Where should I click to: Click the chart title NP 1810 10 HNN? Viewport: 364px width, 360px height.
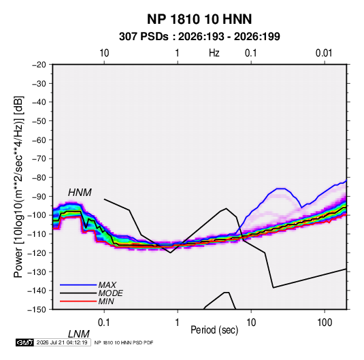click(x=199, y=19)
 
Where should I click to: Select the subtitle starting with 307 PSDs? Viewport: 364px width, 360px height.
click(x=199, y=37)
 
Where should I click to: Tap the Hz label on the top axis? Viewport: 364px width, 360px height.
click(x=214, y=53)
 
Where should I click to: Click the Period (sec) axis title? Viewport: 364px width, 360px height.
click(x=214, y=330)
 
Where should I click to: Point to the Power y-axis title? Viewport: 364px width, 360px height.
click(x=18, y=186)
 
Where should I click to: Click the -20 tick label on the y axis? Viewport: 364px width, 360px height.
click(x=39, y=65)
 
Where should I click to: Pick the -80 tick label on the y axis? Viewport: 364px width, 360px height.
click(x=39, y=178)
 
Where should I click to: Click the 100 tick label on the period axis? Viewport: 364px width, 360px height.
click(x=325, y=323)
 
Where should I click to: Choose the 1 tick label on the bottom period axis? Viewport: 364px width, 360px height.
click(x=177, y=323)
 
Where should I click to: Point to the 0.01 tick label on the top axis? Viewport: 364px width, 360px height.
click(x=324, y=53)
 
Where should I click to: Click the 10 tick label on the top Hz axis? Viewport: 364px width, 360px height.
click(x=104, y=53)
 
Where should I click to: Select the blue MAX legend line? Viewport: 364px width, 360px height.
click(x=78, y=284)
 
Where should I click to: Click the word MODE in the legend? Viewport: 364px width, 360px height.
click(x=110, y=293)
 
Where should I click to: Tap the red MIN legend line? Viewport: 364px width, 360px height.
click(x=78, y=301)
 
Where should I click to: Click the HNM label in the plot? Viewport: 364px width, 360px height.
click(x=80, y=193)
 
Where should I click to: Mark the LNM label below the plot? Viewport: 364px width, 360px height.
click(x=78, y=334)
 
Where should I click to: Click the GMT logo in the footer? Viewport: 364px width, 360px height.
click(x=25, y=342)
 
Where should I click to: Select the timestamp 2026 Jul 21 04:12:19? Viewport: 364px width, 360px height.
click(x=62, y=342)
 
